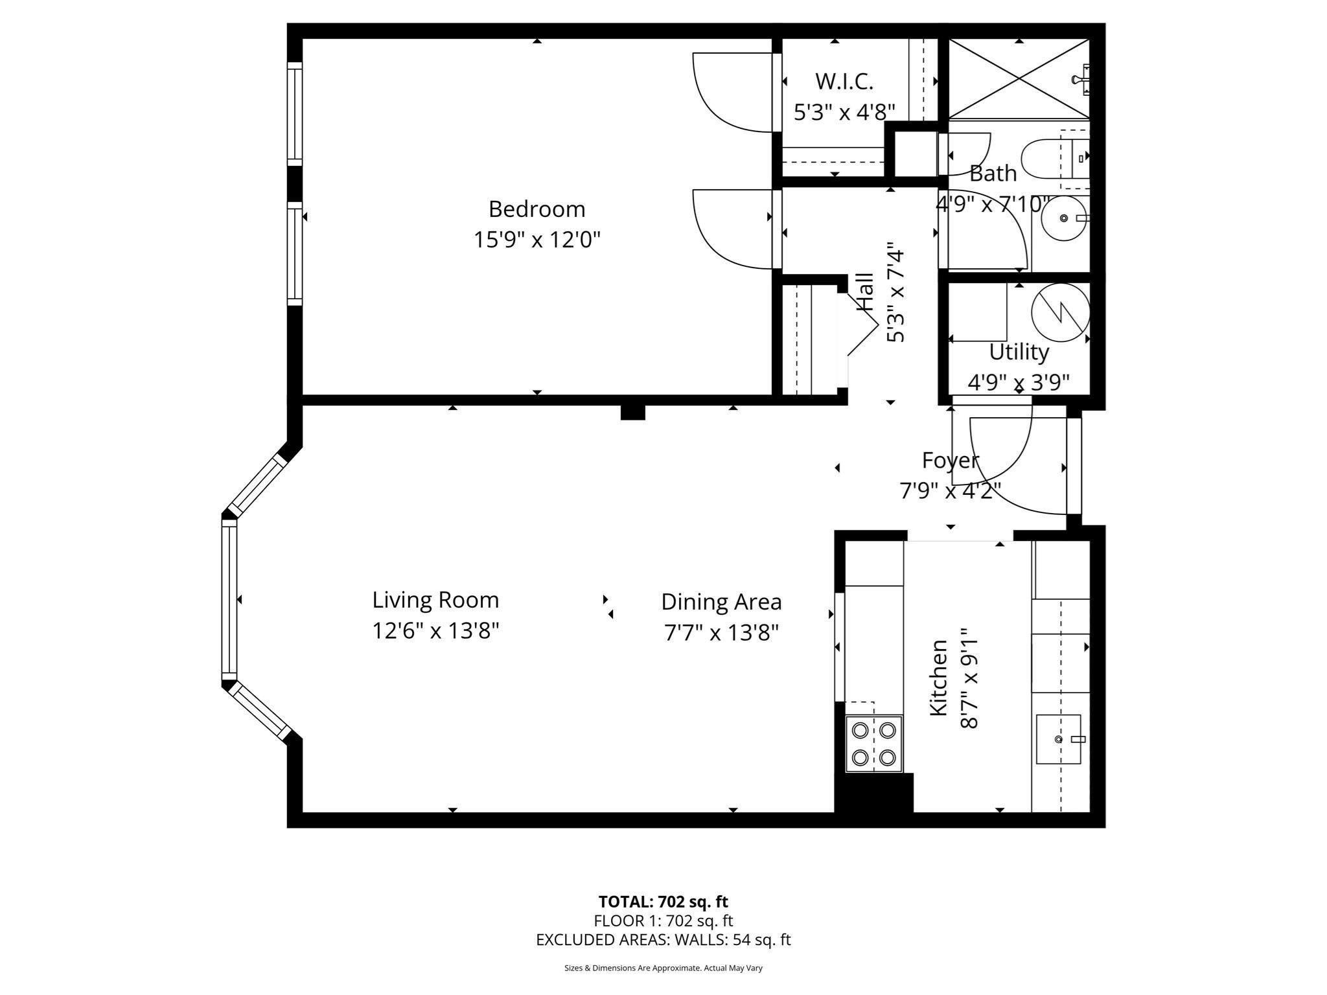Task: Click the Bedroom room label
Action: (x=537, y=209)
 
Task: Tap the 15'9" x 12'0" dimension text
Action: (x=537, y=240)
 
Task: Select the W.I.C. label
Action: (x=844, y=82)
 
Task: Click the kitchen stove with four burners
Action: (x=873, y=744)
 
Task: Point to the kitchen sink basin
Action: (x=1058, y=739)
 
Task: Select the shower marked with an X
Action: (x=1019, y=79)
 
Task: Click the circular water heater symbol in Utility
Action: (x=1060, y=313)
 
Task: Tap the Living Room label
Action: (x=435, y=600)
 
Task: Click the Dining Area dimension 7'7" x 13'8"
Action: (x=721, y=632)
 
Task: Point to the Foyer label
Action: (x=950, y=461)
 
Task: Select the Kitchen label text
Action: (x=939, y=678)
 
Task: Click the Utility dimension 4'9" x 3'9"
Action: (x=1018, y=383)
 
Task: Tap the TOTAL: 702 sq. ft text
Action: (x=663, y=902)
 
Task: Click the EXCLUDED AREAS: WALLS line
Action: (x=663, y=939)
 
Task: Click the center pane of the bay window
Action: (x=229, y=599)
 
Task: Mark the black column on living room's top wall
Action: (x=632, y=412)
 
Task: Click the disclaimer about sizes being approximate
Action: (x=663, y=968)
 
